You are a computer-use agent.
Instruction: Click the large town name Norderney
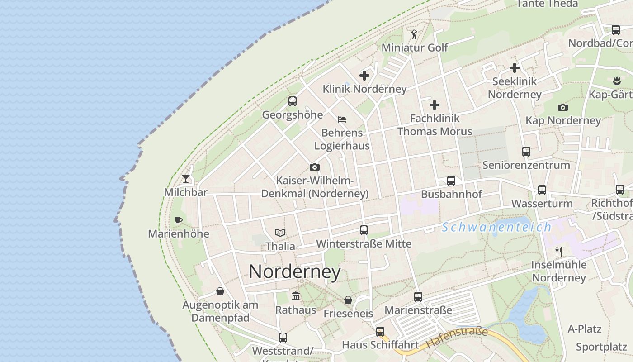tap(295, 271)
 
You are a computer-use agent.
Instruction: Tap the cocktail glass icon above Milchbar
tap(186, 179)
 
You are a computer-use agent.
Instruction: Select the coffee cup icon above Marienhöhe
tap(179, 220)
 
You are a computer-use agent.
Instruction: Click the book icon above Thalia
tap(280, 233)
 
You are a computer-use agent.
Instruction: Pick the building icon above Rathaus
tap(296, 296)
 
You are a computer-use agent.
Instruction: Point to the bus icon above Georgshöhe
tap(293, 101)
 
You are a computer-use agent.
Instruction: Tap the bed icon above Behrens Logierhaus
tap(342, 119)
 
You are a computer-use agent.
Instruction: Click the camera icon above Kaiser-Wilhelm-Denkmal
tap(315, 167)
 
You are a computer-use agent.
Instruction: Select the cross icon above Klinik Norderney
tap(364, 76)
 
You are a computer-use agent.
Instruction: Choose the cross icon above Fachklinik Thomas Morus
tap(435, 105)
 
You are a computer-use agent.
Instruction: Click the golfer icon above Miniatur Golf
tap(414, 34)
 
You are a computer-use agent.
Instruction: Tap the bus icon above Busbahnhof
tap(451, 181)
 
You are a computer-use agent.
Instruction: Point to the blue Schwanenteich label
tap(496, 227)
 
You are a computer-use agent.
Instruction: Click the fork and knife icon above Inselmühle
tap(559, 252)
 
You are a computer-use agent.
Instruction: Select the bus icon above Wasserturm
tap(542, 190)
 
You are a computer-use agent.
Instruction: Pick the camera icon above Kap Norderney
tap(563, 107)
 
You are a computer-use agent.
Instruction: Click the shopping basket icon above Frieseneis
tap(348, 300)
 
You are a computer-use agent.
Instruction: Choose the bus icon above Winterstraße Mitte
tap(364, 230)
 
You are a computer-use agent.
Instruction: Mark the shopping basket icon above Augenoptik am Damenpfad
tap(220, 291)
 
